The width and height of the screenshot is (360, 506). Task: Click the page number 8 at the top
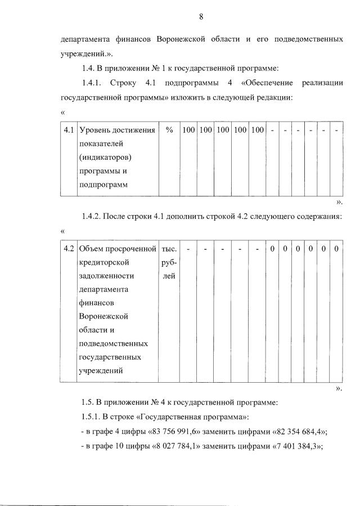(201, 17)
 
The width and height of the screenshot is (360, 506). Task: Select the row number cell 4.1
(69, 131)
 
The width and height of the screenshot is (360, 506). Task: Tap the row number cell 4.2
(69, 249)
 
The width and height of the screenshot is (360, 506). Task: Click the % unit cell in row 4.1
(169, 131)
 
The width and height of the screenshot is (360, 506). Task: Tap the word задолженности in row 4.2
(107, 276)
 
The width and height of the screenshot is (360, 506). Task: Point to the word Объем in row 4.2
(93, 249)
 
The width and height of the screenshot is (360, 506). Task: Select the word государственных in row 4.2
(110, 357)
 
